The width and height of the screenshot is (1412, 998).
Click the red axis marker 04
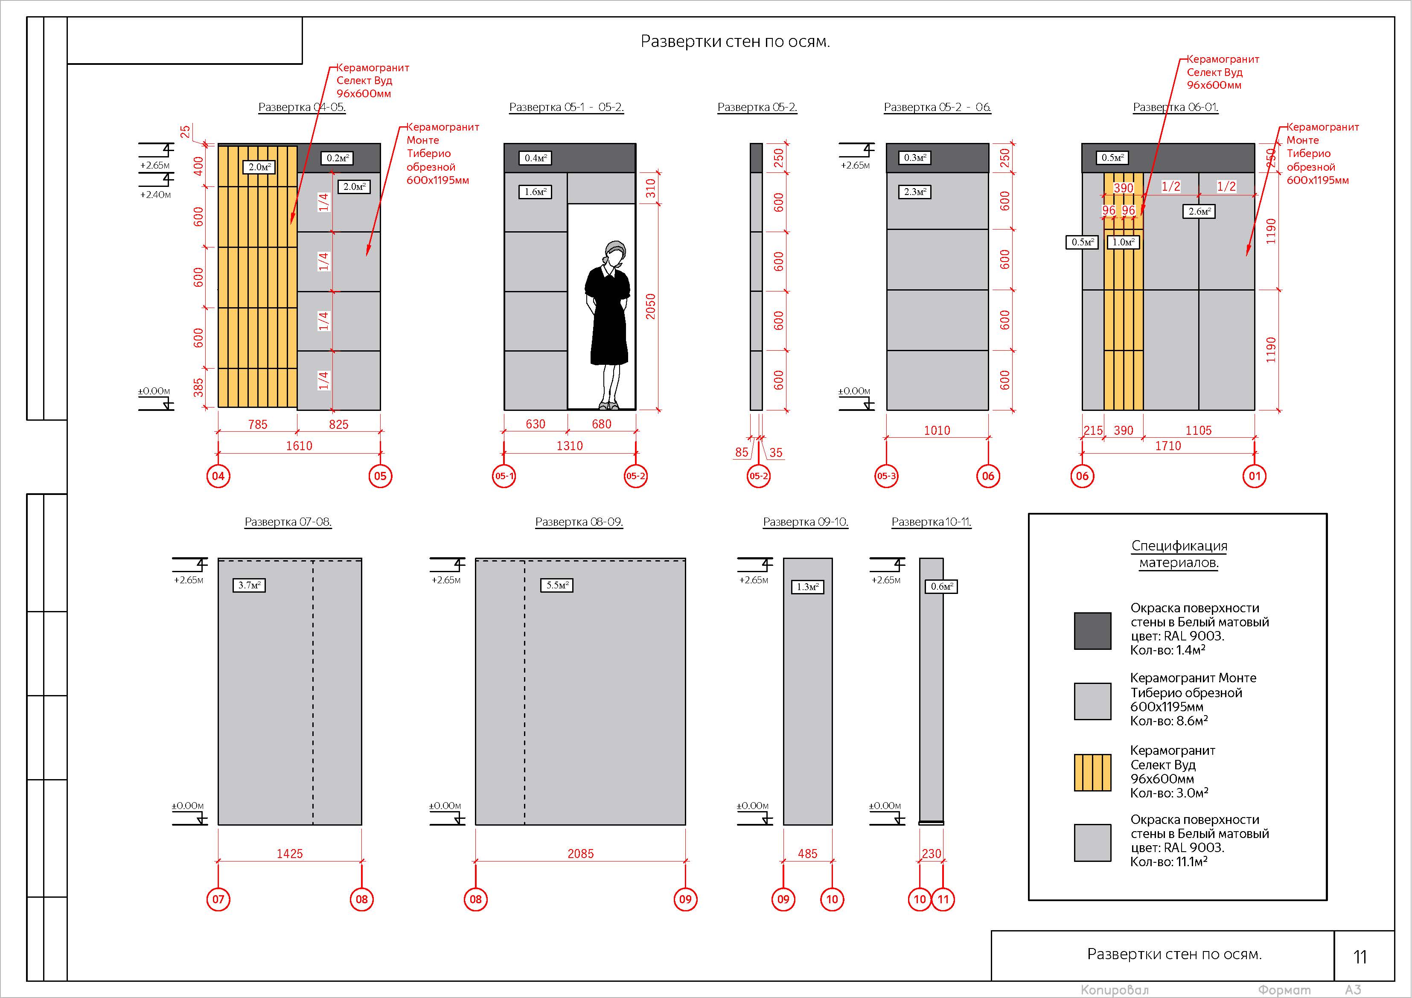[x=218, y=476]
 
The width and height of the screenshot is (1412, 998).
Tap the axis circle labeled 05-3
[x=886, y=476]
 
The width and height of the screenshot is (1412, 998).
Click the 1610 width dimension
[x=299, y=446]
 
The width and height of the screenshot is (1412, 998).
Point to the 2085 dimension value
[x=580, y=853]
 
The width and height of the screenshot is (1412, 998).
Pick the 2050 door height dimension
[x=651, y=306]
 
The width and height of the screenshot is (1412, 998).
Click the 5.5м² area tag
[x=557, y=585]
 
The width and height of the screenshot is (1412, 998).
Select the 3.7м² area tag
[x=249, y=585]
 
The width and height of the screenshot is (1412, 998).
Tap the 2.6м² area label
[x=1199, y=212]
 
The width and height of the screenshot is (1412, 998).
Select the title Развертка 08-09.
[x=579, y=522]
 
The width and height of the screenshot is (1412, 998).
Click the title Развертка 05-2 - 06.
[x=937, y=107]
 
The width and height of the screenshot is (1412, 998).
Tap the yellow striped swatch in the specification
[x=1092, y=772]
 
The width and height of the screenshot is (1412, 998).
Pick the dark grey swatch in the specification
[x=1092, y=631]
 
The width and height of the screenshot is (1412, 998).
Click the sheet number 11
[x=1360, y=957]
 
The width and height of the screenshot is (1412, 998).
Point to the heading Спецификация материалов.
[x=1179, y=554]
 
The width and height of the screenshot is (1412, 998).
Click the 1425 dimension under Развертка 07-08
[x=290, y=853]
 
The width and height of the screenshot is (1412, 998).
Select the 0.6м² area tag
[x=941, y=587]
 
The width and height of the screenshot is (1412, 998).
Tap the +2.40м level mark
[x=156, y=194]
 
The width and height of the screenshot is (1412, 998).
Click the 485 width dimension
[x=807, y=853]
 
